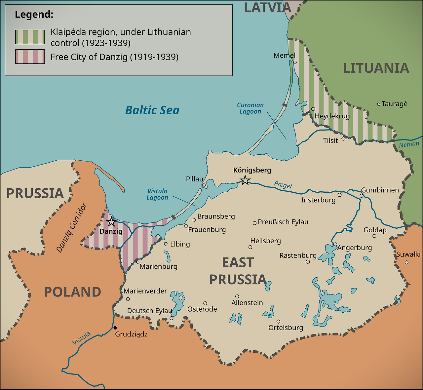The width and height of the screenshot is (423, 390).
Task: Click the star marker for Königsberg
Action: tap(245, 180)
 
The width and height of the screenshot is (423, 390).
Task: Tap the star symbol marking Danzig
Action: tap(111, 222)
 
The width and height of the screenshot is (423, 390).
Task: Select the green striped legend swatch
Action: tap(30, 37)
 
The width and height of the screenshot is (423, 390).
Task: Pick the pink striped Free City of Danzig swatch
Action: tap(30, 57)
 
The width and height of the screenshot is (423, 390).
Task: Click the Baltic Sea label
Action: tap(152, 110)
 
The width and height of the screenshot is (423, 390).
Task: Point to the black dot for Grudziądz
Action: tap(115, 328)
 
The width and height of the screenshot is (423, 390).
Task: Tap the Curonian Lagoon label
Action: tap(250, 108)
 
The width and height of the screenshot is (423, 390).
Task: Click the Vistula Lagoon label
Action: tap(157, 194)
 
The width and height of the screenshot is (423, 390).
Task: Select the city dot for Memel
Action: tap(295, 62)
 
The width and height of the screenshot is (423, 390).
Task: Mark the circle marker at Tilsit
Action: tap(343, 138)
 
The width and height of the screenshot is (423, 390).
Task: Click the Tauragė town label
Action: tap(394, 104)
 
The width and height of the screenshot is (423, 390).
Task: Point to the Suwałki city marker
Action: tap(406, 262)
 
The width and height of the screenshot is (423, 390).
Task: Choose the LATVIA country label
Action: tap(267, 8)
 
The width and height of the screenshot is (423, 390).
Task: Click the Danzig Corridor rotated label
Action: tap(72, 228)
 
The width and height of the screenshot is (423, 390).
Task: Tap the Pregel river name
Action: tap(283, 185)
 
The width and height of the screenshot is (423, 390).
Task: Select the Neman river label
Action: tap(409, 144)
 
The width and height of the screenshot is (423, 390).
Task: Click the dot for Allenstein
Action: tap(237, 296)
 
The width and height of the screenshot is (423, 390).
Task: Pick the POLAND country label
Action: tap(72, 292)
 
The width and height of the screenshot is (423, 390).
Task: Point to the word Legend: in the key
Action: tap(34, 15)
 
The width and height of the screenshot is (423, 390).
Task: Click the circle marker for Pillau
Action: tap(204, 185)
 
